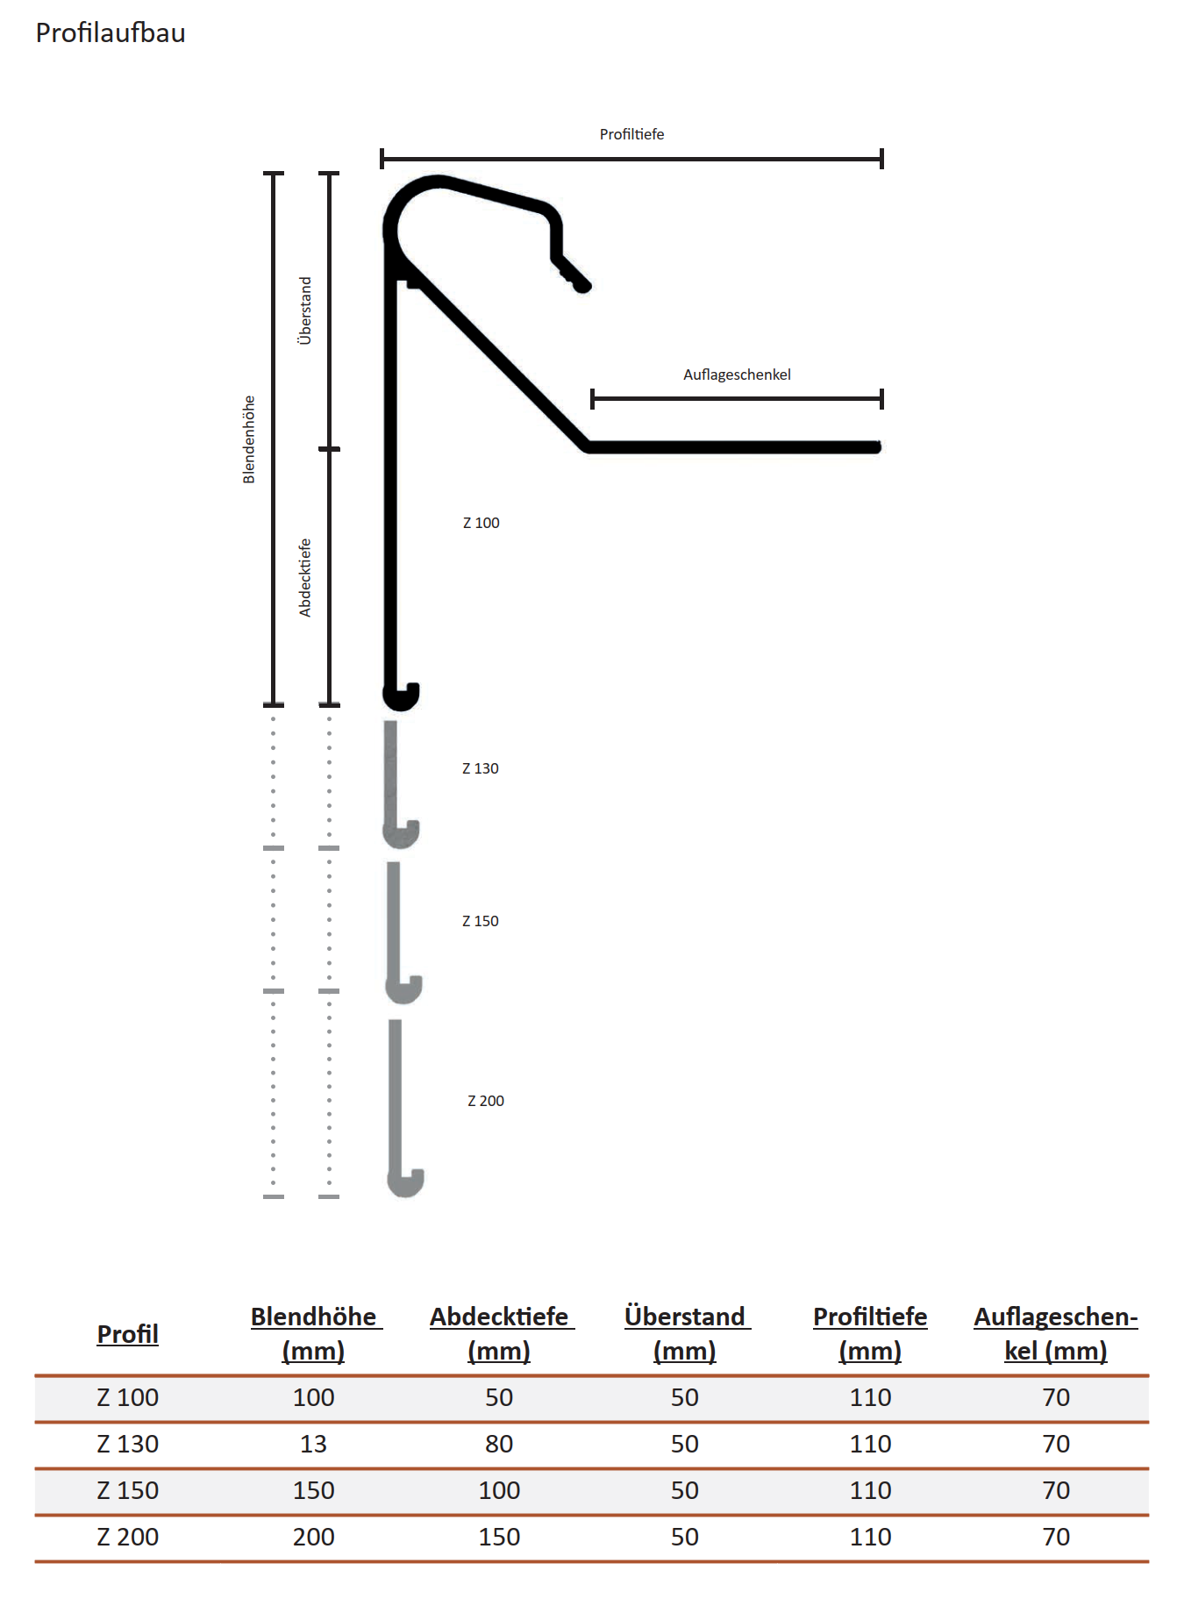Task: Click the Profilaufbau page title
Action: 111,33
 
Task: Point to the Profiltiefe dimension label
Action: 631,134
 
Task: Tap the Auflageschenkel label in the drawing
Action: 737,375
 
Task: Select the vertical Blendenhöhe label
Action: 249,439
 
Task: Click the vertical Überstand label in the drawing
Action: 305,310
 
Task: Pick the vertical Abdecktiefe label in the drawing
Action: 305,577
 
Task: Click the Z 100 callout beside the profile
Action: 481,523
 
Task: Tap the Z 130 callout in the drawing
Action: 480,768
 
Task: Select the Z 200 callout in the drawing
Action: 485,1101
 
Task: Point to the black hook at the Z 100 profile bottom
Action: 402,696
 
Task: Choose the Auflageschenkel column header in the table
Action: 1055,1333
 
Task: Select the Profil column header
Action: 127,1334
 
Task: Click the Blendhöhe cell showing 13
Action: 313,1444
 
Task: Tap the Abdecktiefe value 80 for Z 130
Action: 499,1444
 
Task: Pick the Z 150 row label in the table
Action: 127,1490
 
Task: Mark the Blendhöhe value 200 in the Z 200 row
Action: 313,1537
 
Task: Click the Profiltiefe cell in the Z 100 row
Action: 870,1397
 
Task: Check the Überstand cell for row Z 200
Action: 684,1537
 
